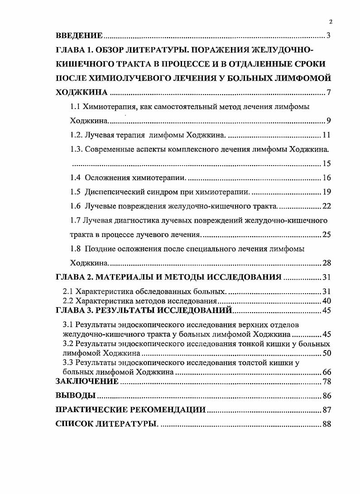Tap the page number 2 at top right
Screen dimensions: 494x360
[331, 21]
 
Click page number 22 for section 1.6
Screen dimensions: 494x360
[327, 206]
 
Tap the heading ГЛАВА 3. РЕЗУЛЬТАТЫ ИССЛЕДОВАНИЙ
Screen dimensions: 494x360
[144, 310]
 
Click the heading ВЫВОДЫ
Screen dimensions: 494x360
[75, 395]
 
